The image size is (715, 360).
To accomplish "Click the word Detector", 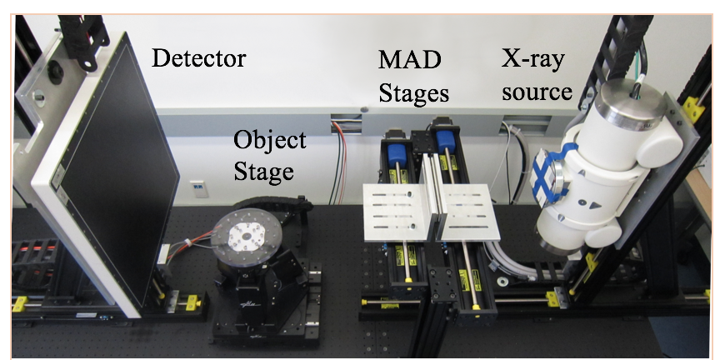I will [x=199, y=58].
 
